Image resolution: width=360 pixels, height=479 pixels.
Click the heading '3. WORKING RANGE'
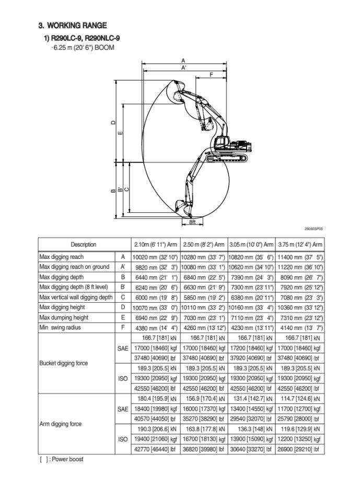point(73,25)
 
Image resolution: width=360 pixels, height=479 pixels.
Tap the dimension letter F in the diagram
point(211,75)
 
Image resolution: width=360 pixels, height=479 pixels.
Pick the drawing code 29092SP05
point(313,229)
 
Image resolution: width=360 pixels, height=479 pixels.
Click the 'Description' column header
point(84,244)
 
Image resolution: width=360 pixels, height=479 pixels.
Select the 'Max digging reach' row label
point(62,257)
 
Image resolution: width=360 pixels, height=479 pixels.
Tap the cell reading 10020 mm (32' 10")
point(155,257)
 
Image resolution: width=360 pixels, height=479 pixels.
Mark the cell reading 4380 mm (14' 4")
point(155,328)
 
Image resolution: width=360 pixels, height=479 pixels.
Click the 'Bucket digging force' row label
point(64,363)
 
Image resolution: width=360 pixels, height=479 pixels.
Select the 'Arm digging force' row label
point(61,424)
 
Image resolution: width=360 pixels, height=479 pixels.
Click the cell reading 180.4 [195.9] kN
point(155,399)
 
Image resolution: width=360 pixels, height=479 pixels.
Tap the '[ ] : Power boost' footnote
point(61,459)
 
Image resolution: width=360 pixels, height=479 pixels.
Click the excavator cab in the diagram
point(223,142)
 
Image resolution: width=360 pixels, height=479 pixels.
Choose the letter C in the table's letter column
point(123,298)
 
